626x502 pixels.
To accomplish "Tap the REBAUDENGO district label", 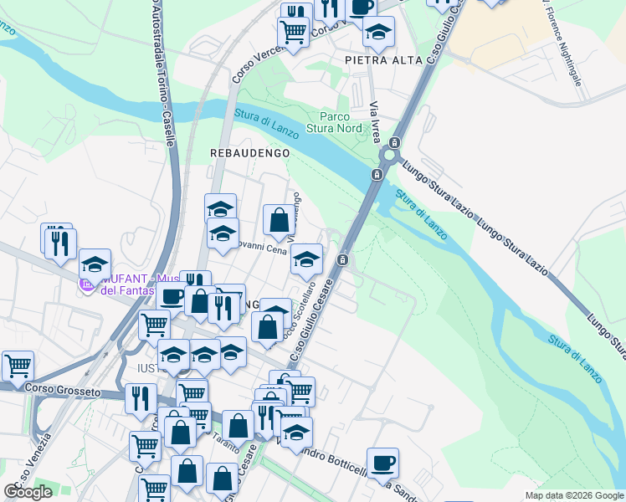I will tap(249, 153).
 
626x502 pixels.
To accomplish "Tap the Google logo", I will tap(28, 492).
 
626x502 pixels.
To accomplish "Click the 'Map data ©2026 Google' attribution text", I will tap(574, 495).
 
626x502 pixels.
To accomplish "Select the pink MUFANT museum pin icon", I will tap(85, 286).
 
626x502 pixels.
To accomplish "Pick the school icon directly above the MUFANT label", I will tap(95, 264).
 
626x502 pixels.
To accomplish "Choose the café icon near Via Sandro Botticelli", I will tap(382, 462).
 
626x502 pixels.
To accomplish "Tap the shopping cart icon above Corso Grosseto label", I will tap(18, 365).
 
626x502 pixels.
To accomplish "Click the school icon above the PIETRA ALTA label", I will tap(378, 32).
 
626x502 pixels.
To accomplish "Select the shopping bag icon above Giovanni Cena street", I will tap(280, 220).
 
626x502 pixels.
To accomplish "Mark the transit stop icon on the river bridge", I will tap(377, 174).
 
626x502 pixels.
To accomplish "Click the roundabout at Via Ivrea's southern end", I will tap(390, 156).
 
